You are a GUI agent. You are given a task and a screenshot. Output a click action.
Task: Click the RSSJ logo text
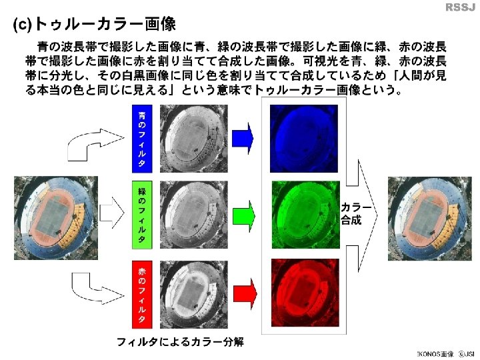click(x=459, y=7)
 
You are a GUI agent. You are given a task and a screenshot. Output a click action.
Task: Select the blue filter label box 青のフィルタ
click(x=141, y=138)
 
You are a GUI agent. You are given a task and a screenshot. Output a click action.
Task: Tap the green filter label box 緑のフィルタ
click(x=141, y=215)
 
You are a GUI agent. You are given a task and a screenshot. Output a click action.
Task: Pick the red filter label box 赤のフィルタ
click(x=141, y=295)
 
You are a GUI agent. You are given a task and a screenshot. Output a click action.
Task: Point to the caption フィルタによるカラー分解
click(x=179, y=342)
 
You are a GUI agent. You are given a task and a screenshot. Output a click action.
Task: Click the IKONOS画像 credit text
click(x=434, y=353)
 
